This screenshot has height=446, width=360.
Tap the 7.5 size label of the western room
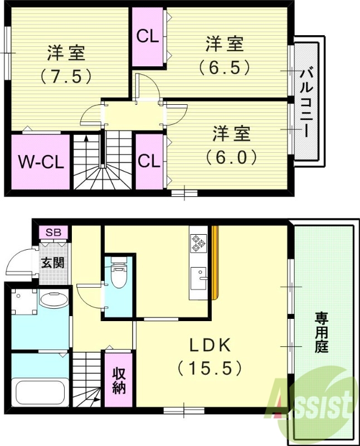pos(66,75)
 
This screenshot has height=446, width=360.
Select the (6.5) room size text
pos(224,66)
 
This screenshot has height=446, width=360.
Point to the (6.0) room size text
pos(231,157)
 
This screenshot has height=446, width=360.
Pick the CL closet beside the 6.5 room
pos(148,37)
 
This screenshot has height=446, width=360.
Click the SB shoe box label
pos(54,232)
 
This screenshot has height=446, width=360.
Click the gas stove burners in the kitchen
pos(198,243)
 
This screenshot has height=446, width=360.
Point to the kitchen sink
pos(198,277)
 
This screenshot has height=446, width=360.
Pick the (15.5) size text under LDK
pos(210,368)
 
